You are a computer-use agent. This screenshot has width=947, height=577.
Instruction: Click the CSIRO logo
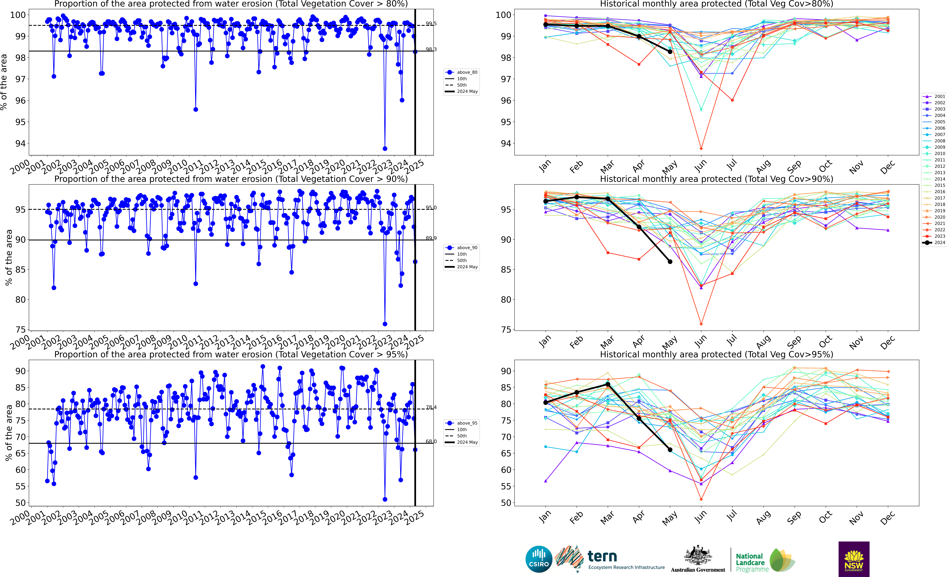(539, 559)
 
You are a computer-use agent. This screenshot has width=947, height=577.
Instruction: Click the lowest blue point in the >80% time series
(385, 148)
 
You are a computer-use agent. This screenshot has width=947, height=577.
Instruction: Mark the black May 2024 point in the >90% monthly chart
(670, 262)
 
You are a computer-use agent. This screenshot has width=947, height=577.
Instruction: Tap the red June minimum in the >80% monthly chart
(701, 148)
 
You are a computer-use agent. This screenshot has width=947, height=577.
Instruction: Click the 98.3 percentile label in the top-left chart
(431, 49)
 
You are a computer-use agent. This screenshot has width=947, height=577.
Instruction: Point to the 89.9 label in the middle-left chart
(431, 238)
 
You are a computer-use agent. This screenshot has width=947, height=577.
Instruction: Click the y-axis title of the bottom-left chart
(8, 433)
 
